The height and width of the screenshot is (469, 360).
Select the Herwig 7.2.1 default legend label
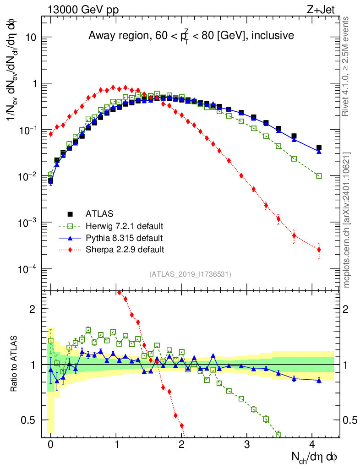[x=125, y=226]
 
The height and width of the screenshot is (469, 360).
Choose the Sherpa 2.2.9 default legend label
[x=125, y=250]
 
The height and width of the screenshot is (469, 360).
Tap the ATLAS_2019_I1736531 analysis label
[x=190, y=274]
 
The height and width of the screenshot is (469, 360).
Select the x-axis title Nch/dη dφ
[x=315, y=457]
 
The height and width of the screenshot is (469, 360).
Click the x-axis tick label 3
[x=247, y=444]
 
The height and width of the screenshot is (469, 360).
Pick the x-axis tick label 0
[x=50, y=444]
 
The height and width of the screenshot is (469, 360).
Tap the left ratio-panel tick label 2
[x=32, y=309]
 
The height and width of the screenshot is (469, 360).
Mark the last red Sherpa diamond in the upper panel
[x=319, y=250]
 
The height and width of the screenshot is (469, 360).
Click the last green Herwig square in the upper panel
[x=319, y=176]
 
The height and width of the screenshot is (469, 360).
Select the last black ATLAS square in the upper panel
[x=319, y=147]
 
